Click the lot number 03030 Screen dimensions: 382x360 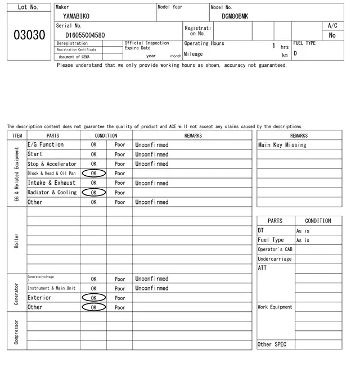(29, 35)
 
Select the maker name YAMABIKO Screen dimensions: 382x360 (76, 16)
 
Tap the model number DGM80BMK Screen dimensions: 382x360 (235, 16)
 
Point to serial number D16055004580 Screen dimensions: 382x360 (85, 35)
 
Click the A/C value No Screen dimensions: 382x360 (332, 35)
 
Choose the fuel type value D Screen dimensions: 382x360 (295, 54)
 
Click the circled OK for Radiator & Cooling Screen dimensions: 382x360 (93, 193)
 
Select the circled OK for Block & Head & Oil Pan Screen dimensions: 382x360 (93, 174)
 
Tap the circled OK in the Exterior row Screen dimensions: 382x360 (93, 298)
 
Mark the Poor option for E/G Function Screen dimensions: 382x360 (120, 145)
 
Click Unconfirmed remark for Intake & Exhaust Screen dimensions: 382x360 (152, 183)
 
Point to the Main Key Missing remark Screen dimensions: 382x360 (282, 145)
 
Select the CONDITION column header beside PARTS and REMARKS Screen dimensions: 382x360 (106, 135)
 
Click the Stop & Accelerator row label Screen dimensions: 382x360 (52, 164)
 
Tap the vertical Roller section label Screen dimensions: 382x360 (16, 240)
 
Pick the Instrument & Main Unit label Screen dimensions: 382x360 (51, 288)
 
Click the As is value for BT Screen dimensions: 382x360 (303, 231)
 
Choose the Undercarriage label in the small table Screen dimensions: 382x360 (274, 259)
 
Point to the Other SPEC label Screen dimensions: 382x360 (272, 344)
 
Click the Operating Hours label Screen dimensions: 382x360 (204, 43)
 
